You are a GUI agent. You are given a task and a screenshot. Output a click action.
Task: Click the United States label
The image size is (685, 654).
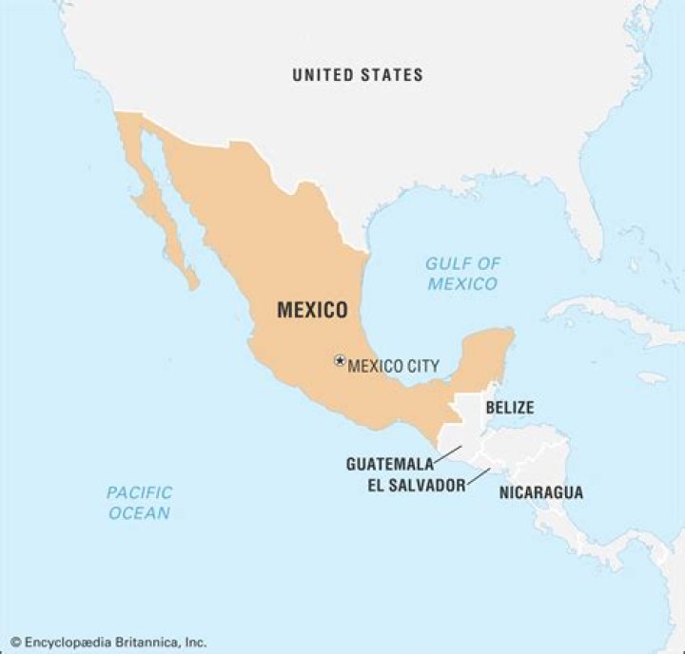point(358,74)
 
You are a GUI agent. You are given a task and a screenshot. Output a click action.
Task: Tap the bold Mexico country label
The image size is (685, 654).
point(311,310)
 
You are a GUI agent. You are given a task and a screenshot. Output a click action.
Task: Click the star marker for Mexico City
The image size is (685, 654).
point(339,361)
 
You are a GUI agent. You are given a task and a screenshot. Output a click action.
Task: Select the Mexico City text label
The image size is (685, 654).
point(393,365)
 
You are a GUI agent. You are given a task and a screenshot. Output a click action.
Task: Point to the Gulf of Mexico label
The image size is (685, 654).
point(462,274)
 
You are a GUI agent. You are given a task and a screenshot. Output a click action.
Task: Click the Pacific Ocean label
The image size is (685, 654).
point(139,502)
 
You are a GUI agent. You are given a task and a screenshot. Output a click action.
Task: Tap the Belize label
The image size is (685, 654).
point(509,408)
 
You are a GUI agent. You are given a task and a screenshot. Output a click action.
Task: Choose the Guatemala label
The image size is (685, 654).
point(389,464)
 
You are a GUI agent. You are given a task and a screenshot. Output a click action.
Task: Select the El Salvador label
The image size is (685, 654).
point(416,485)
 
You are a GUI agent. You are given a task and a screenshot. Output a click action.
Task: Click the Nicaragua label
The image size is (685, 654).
point(540,492)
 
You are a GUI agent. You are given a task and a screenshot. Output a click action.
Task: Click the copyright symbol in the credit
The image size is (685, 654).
point(15,642)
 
